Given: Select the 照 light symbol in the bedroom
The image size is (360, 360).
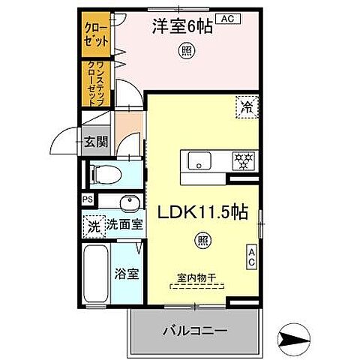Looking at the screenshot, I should point(184,51).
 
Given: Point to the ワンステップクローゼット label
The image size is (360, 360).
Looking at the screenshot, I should point(94,79).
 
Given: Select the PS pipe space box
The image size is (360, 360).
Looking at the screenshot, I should point(88,200).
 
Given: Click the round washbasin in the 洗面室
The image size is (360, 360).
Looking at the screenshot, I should point(129,202).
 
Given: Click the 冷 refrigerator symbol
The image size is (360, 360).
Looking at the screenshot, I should point(247,106).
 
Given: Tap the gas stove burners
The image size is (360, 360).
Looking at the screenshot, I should point(241,159).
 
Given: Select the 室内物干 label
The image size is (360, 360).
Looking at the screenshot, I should point(196,277).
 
